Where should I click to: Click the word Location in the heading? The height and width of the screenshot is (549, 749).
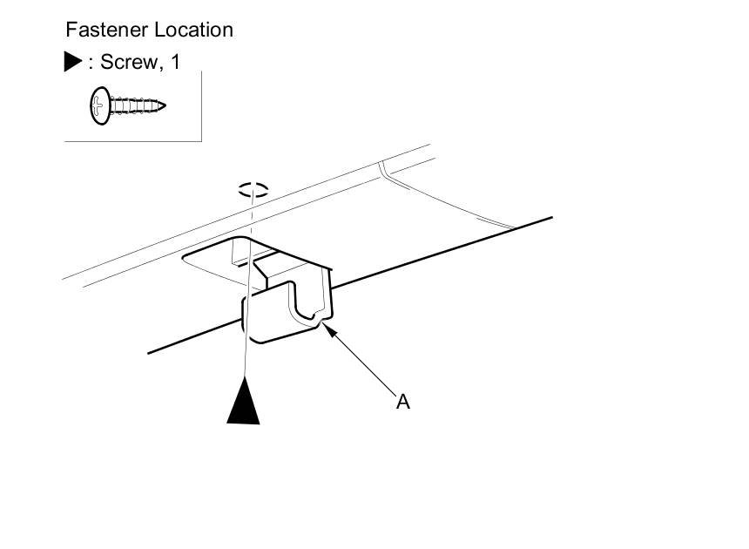point(193,30)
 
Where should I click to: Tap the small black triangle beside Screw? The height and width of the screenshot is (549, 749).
point(73,62)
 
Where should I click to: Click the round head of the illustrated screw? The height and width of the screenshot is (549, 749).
point(99,106)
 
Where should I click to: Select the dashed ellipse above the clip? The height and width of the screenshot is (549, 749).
point(253,189)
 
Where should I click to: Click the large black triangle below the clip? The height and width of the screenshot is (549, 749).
point(244,404)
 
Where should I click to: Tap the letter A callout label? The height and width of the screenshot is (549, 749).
point(403,402)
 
